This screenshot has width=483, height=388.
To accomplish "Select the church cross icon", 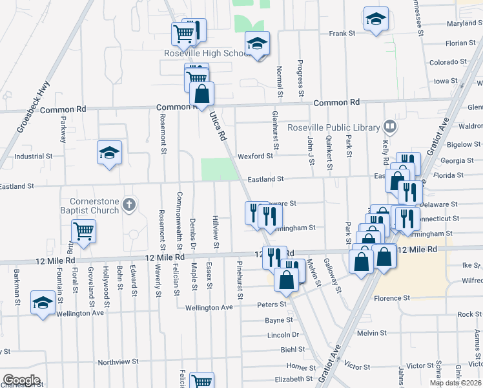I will tap(129, 205).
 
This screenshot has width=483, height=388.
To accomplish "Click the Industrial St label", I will tap(33, 156).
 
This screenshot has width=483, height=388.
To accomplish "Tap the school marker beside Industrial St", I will tap(109, 153).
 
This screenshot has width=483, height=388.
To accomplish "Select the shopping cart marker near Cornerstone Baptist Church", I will tap(84, 231).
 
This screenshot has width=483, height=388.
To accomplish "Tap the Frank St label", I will tap(342, 34).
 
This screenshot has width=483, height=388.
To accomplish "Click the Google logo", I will tap(21, 380).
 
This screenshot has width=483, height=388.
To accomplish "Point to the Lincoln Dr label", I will tap(282, 335).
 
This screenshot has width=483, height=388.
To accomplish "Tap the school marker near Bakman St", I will tap(43, 303).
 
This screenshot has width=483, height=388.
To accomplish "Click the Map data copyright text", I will tap(455, 383).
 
